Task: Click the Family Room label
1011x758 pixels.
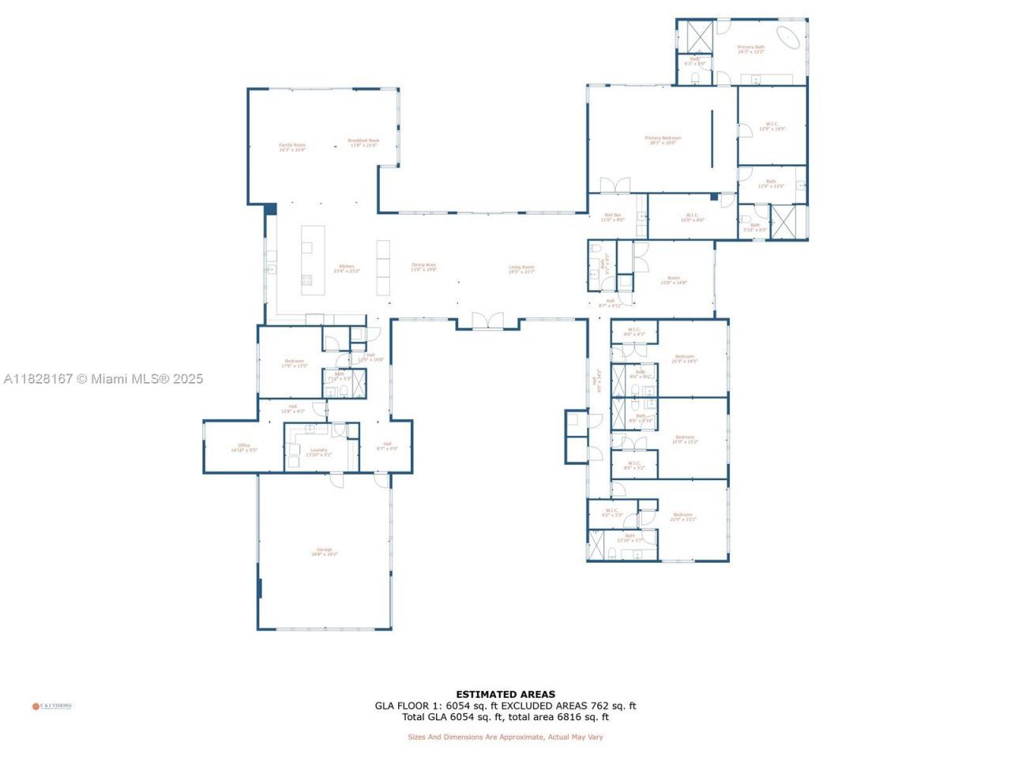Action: (292, 147)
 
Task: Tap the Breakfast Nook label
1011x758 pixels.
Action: (363, 143)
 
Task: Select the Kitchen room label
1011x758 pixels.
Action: (347, 268)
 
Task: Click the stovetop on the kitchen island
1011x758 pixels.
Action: (306, 280)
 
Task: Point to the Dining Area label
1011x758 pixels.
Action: (423, 267)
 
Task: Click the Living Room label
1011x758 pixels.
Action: (521, 268)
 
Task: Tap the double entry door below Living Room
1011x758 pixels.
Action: (487, 321)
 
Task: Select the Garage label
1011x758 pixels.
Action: (324, 551)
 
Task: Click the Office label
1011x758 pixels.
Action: (244, 448)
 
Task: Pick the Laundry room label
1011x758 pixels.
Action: (318, 452)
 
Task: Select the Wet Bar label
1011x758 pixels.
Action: (613, 217)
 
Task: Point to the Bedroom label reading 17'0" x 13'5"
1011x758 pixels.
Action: (294, 363)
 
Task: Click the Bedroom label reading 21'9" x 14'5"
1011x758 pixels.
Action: (684, 358)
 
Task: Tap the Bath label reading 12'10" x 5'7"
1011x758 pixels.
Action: (630, 538)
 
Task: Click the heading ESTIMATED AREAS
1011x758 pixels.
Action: (505, 695)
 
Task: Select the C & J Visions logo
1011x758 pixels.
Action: (52, 706)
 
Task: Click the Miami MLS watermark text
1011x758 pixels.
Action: (103, 379)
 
